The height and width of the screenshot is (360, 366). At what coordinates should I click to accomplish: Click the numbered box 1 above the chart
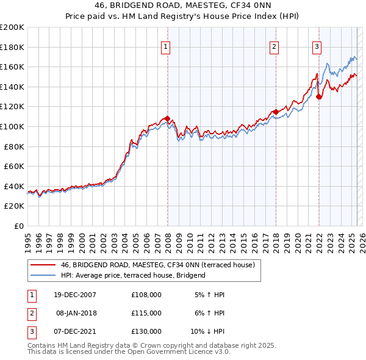165,46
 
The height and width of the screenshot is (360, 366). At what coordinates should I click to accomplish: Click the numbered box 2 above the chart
274,46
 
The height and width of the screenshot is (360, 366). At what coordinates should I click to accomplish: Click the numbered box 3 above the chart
317,46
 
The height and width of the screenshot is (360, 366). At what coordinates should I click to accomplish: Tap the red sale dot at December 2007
167,119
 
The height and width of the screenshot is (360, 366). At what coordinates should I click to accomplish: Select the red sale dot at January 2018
276,112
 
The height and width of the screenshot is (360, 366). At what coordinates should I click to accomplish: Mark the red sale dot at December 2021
318,96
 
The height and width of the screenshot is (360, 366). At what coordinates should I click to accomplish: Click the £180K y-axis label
12,47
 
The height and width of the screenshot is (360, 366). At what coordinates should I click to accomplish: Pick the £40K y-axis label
14,186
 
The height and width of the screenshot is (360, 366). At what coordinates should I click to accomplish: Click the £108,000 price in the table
146,295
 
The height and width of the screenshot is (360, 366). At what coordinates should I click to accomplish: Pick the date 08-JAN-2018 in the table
76,313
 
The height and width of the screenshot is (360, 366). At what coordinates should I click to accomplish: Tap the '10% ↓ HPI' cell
208,331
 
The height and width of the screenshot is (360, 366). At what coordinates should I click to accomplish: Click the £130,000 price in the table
146,331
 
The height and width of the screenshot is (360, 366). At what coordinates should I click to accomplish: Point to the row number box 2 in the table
31,313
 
